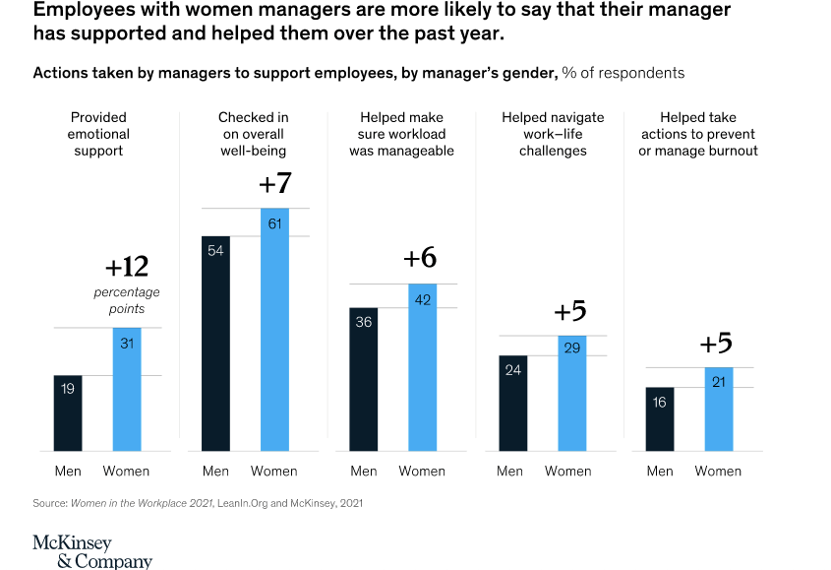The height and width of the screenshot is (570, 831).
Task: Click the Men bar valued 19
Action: point(68,413)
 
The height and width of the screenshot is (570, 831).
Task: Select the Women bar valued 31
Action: point(127,390)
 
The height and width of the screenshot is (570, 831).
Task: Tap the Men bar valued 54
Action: point(215,344)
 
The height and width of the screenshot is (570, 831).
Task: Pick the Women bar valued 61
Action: point(274,330)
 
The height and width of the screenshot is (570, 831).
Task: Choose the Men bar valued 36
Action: point(364,379)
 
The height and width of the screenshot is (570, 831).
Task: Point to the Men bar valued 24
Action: point(513,404)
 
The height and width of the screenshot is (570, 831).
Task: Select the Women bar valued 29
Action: point(571,394)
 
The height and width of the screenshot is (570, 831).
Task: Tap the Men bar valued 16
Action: point(660,419)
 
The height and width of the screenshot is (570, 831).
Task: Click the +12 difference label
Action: point(126,267)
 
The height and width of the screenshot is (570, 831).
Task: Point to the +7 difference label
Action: point(274,184)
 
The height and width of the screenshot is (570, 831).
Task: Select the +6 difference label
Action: point(420,258)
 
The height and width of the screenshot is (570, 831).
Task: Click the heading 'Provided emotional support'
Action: point(98,134)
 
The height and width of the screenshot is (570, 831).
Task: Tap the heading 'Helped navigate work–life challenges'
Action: point(553,134)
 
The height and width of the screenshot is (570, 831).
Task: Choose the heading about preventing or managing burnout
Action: point(698,134)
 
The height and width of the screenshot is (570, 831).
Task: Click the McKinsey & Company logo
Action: point(91,552)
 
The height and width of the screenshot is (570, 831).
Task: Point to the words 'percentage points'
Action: point(127,300)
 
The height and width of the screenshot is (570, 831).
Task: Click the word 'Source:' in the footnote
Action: point(49,503)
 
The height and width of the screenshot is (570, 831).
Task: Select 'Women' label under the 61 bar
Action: point(274,471)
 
